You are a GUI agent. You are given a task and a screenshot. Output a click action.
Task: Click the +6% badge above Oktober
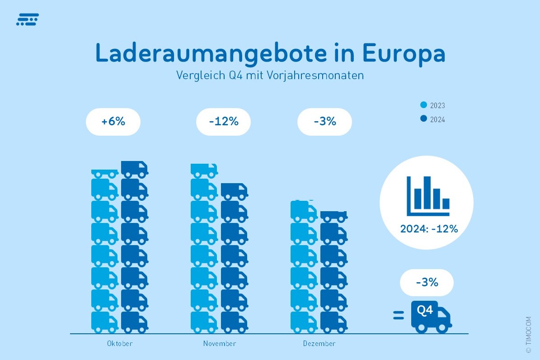click(113, 122)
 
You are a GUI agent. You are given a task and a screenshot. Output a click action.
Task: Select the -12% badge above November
click(223, 122)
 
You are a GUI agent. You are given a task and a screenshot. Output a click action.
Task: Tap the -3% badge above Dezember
click(324, 122)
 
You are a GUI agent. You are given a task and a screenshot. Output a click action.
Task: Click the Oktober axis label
click(120, 344)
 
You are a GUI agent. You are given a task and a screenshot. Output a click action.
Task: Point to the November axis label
click(220, 344)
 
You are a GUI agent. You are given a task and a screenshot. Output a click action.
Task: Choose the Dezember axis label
click(319, 344)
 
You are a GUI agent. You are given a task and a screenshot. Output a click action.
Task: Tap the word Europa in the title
click(404, 54)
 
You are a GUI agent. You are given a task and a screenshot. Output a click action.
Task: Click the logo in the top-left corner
click(27, 19)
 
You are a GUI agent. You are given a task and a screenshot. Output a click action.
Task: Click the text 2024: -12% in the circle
click(429, 229)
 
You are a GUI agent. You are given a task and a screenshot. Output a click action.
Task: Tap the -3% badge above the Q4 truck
click(427, 283)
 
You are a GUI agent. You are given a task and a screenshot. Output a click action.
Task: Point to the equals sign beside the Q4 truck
click(398, 315)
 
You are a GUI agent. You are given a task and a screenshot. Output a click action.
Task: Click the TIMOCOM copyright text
click(528, 335)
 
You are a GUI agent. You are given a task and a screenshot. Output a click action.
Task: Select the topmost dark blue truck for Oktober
click(134, 169)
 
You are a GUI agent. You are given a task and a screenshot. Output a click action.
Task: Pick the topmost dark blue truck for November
click(234, 191)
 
